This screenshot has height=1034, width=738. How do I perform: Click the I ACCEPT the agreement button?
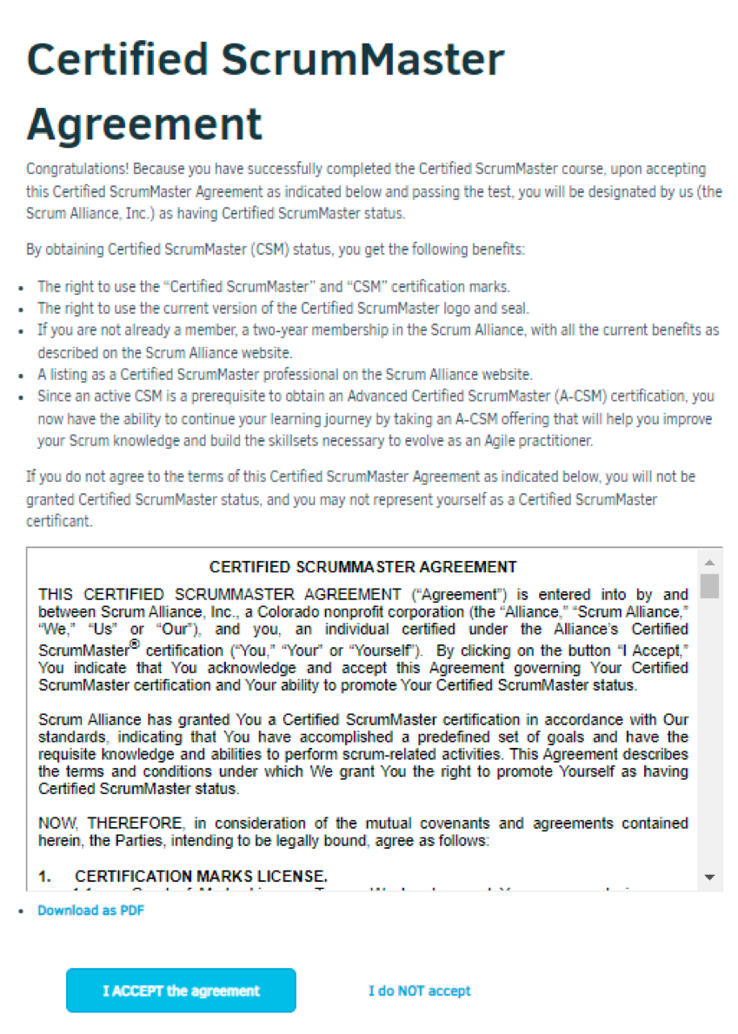[x=181, y=991]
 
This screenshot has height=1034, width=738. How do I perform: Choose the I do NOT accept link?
[x=420, y=991]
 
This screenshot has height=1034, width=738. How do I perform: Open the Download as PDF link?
[x=90, y=911]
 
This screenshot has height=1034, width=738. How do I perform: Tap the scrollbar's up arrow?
[x=710, y=562]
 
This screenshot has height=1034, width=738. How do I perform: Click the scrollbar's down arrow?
[x=710, y=877]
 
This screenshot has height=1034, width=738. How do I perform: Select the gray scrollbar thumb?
[x=710, y=585]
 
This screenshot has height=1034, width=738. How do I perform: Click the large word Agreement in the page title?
[x=144, y=123]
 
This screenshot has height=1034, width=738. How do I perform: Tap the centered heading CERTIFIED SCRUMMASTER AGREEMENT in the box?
[x=363, y=567]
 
